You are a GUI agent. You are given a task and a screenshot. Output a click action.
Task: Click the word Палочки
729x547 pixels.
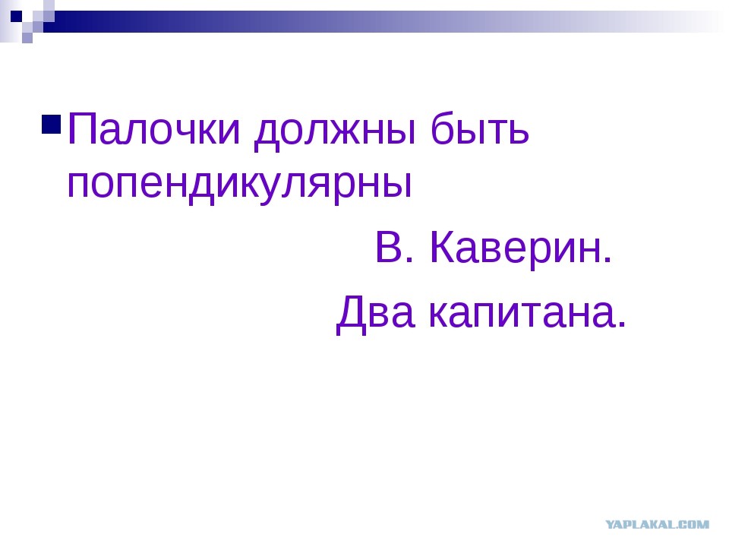tap(154, 129)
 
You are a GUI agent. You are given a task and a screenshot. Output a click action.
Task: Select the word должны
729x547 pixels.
tap(335, 131)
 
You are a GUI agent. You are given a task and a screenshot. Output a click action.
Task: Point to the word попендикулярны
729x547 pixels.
tap(239, 184)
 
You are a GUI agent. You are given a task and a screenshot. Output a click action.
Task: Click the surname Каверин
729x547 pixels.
tap(521, 248)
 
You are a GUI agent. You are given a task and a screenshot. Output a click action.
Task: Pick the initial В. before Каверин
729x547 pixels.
tap(394, 248)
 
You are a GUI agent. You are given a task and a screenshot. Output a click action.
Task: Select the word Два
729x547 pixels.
tap(375, 313)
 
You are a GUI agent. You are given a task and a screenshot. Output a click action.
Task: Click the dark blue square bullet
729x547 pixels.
tap(51, 124)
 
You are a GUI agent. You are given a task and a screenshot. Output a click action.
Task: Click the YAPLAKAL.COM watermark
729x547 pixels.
tap(657, 524)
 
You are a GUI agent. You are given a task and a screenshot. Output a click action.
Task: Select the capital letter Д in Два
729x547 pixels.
tap(352, 315)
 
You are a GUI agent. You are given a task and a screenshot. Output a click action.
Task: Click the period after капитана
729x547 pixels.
tap(623, 325)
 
